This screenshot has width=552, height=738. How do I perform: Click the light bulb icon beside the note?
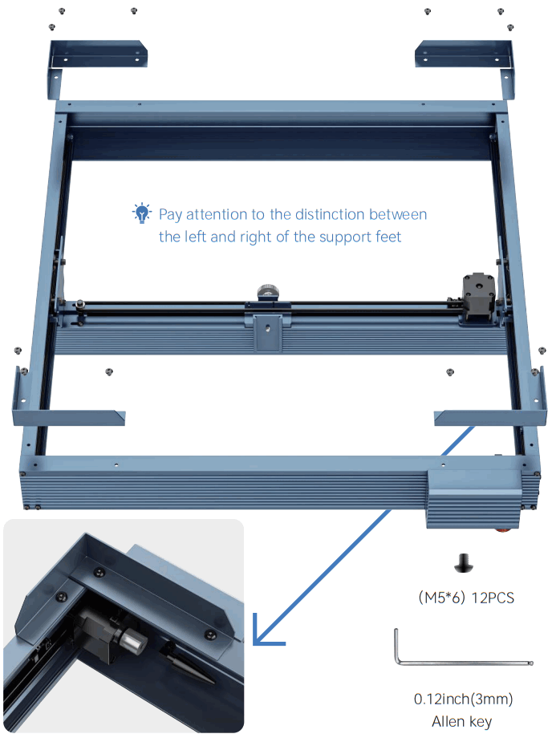(142, 213)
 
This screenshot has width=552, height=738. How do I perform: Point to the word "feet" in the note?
(386, 237)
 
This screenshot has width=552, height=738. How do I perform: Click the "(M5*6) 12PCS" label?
(466, 598)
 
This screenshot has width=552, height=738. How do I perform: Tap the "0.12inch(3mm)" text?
(463, 699)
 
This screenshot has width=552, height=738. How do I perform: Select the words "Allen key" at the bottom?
(462, 721)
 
